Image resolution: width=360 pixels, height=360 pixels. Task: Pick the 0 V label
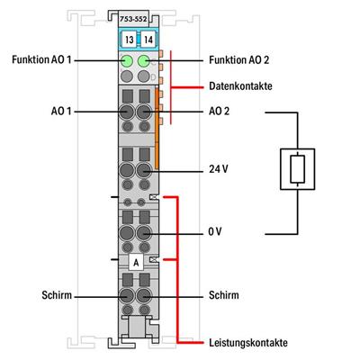click(213, 231)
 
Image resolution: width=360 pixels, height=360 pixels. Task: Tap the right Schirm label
click(222, 293)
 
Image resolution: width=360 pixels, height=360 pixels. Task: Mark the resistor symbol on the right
click(301, 172)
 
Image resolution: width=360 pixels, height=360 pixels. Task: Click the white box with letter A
click(136, 262)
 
